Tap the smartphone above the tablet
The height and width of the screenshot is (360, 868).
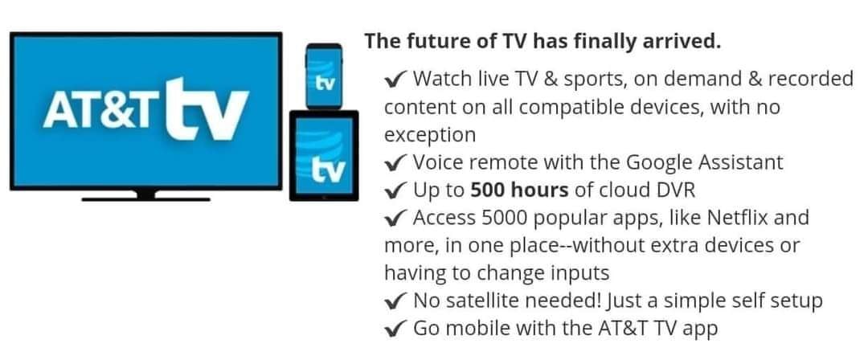tap(324, 76)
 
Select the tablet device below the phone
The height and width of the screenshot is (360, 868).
tap(324, 155)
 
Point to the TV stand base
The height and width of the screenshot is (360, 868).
tap(145, 197)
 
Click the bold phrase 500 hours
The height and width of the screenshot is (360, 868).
tap(519, 190)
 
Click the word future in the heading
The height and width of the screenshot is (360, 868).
tap(436, 42)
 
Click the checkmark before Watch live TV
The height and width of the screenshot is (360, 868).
tap(395, 80)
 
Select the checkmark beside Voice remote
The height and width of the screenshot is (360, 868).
tap(395, 163)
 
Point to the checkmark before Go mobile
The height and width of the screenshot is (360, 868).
tap(395, 329)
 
